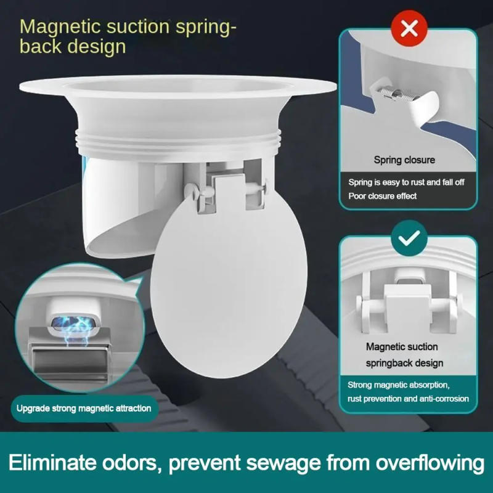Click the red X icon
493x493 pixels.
tap(409, 28)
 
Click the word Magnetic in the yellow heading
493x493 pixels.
tap(62, 26)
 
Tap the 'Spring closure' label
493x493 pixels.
tap(404, 160)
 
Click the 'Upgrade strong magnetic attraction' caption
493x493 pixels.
tap(83, 408)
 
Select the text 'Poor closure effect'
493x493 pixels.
tap(383, 196)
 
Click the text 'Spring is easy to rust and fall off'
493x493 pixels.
tap(405, 183)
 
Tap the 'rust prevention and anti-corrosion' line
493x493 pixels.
tap(409, 399)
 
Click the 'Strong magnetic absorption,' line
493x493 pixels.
tap(399, 385)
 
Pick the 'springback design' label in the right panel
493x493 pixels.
tap(404, 363)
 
